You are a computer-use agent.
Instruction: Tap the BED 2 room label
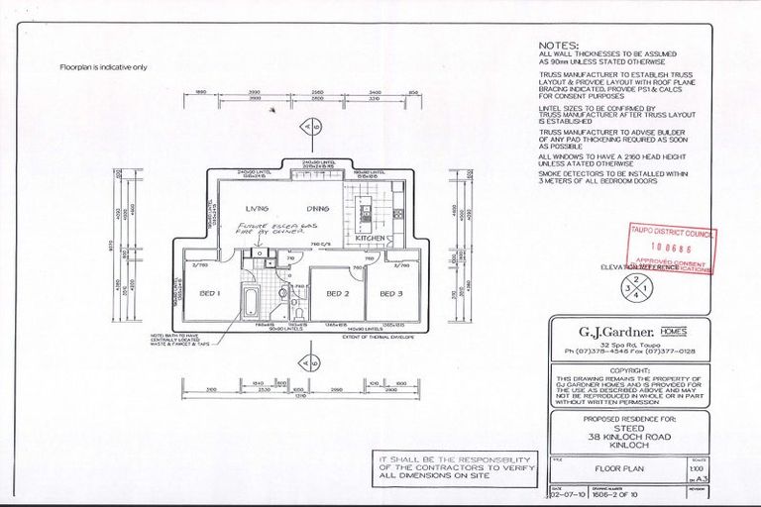coord(338,293)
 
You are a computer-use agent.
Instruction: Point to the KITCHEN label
coord(368,239)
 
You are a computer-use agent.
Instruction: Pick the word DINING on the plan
coord(317,209)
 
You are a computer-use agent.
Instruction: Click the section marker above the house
coord(311,128)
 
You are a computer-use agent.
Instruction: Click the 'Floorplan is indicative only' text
coord(103,67)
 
